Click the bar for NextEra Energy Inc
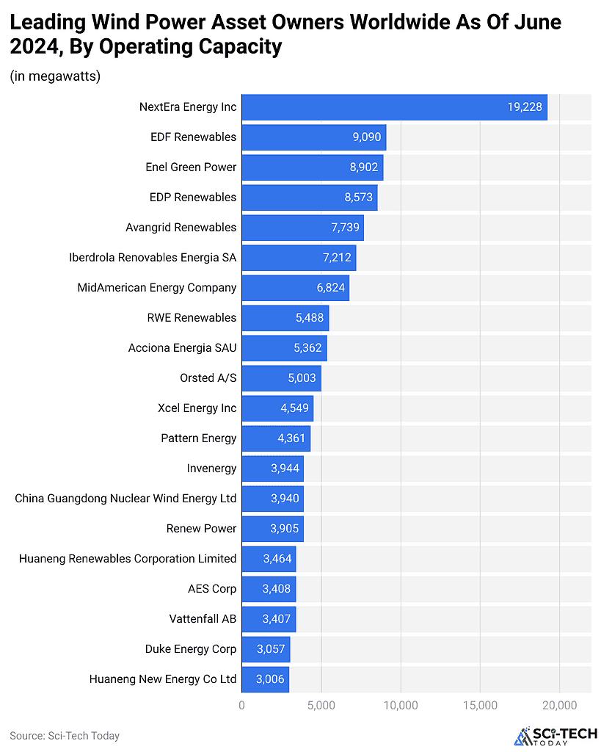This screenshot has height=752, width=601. [394, 107]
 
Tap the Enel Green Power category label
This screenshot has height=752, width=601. [191, 167]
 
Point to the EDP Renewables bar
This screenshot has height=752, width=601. [309, 198]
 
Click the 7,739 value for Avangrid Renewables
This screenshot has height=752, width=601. [345, 228]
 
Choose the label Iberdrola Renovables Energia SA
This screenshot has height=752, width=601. [153, 258]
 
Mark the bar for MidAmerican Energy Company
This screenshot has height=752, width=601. [295, 288]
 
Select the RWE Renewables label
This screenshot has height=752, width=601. [192, 318]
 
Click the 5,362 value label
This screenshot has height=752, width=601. [307, 348]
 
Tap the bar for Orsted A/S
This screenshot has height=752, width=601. [281, 378]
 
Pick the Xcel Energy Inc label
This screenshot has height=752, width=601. [197, 408]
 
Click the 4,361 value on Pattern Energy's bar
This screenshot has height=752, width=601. [291, 438]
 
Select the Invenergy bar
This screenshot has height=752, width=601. [272, 469]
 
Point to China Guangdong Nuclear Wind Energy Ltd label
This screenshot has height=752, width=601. [125, 499]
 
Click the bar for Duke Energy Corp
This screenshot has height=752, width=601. [266, 649]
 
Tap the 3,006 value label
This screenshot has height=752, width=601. [270, 679]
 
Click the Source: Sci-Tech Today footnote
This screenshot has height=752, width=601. [65, 735]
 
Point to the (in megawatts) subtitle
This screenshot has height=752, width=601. [55, 76]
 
